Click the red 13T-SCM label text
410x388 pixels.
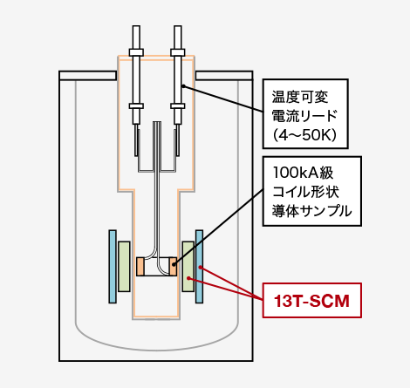click(x=311, y=301)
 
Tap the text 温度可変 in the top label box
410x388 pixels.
click(x=300, y=97)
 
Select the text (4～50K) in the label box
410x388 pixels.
click(x=304, y=135)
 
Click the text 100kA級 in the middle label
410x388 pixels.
click(x=303, y=173)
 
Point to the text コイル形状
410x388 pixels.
click(x=305, y=192)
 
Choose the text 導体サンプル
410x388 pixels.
click(x=311, y=211)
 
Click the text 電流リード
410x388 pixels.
click(x=304, y=116)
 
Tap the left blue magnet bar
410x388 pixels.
click(x=113, y=267)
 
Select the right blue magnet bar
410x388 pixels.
click(x=199, y=267)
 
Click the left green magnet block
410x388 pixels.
click(x=124, y=266)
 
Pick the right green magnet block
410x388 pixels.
click(x=188, y=266)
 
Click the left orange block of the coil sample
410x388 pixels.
click(x=140, y=267)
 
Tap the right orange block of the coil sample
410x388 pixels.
click(x=173, y=267)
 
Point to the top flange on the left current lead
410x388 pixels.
click(x=136, y=52)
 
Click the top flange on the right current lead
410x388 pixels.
click(x=178, y=52)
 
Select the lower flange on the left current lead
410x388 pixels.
click(x=136, y=106)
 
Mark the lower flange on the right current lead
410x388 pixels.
click(x=178, y=106)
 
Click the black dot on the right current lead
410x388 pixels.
click(x=183, y=85)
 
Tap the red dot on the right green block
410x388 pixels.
click(x=188, y=278)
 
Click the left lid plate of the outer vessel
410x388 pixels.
click(x=88, y=76)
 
